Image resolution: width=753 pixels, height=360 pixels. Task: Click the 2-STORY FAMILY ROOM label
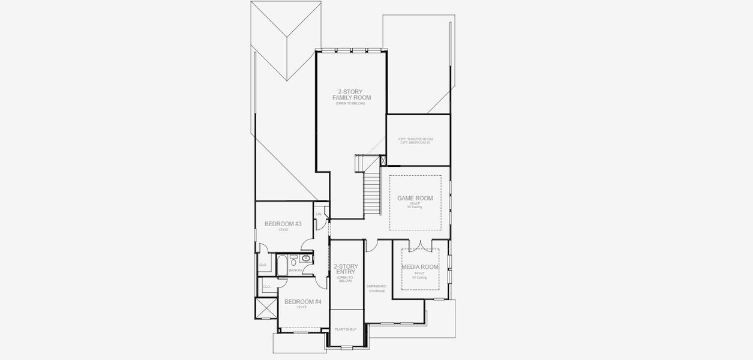(352, 94)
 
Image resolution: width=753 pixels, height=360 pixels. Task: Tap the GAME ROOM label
(415, 198)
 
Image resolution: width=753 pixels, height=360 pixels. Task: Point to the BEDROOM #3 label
(283, 224)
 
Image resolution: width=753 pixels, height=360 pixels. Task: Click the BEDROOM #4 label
(303, 302)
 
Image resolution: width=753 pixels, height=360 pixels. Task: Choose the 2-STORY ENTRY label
(346, 269)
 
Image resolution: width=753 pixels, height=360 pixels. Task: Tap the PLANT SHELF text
(346, 329)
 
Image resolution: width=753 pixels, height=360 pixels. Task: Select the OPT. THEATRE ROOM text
(415, 139)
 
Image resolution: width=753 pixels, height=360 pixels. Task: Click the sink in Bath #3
(306, 259)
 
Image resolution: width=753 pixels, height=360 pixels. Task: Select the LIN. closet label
(319, 214)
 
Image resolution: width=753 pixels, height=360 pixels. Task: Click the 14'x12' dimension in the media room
(419, 273)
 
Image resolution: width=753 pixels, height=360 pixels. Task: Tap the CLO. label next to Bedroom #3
(263, 265)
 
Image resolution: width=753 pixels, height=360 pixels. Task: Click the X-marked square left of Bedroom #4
(263, 308)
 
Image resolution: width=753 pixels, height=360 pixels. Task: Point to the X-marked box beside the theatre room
(383, 160)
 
